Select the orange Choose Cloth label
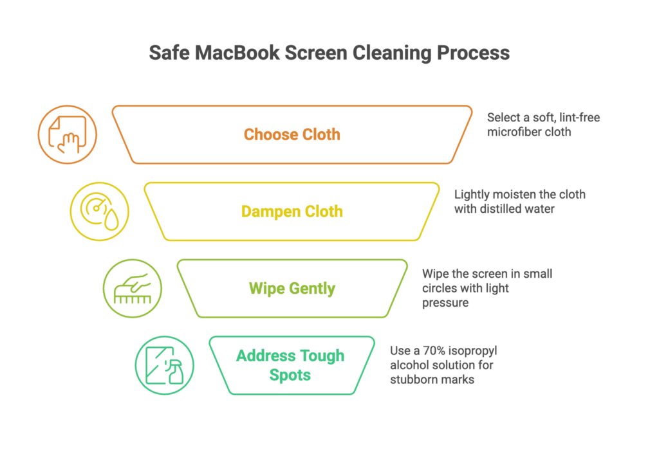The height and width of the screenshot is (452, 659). point(292,134)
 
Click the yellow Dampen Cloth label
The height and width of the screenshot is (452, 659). point(292,211)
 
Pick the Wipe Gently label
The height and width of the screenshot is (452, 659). point(292,288)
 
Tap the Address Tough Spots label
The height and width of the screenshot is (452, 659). point(290,365)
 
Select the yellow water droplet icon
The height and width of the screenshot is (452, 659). point(100,212)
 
